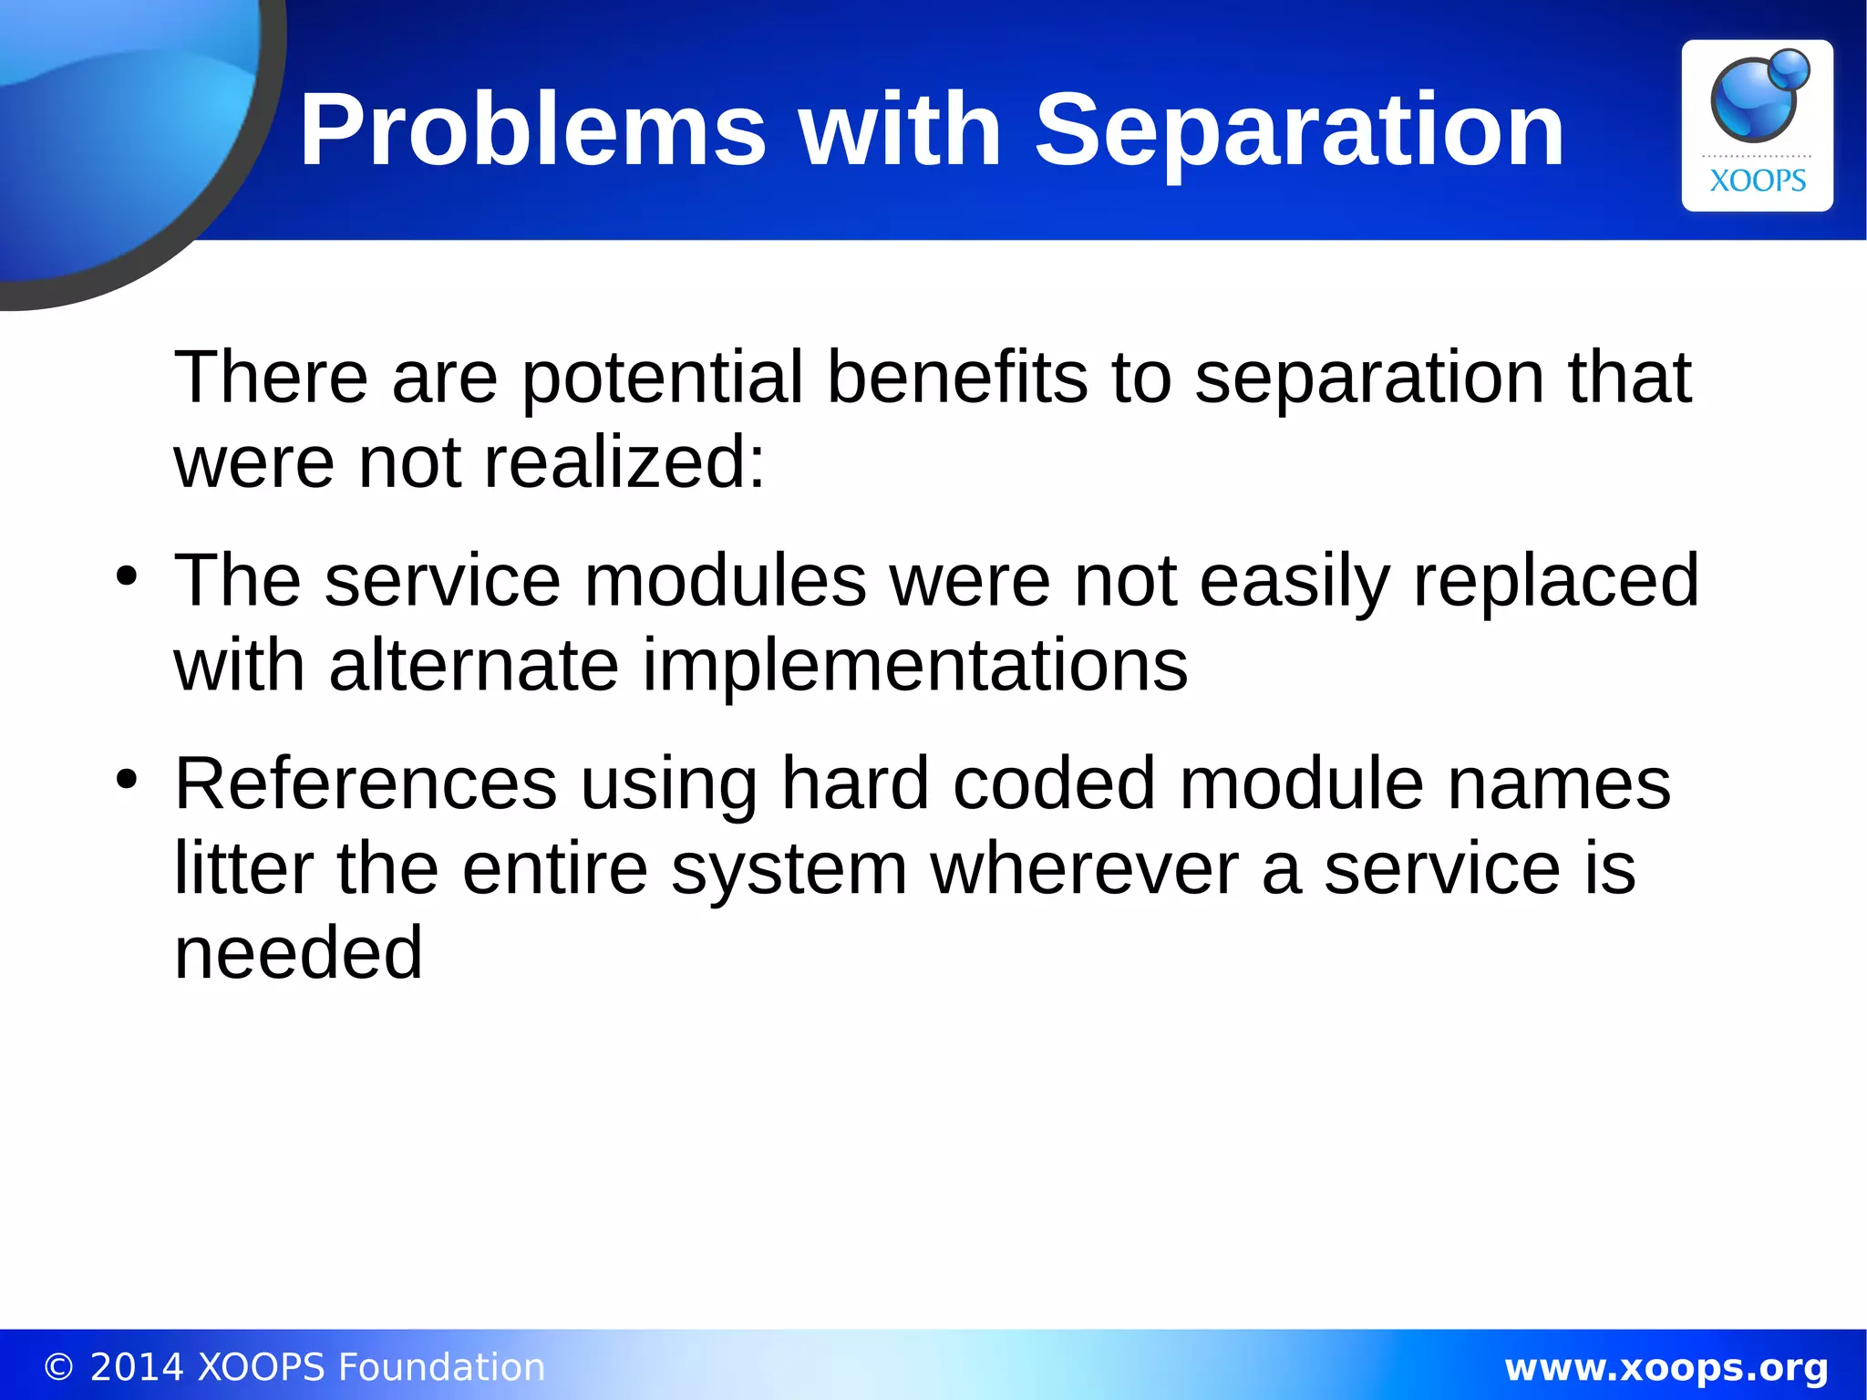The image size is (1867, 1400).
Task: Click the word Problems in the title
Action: [x=532, y=130]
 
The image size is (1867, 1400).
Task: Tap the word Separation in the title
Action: [x=1298, y=130]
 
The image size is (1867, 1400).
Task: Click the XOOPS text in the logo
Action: [x=1757, y=181]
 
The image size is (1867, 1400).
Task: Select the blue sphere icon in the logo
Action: [x=1757, y=99]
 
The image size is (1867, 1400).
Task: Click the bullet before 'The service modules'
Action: [x=127, y=576]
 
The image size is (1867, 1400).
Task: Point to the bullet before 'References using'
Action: [x=127, y=780]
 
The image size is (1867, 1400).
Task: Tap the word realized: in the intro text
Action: [x=624, y=462]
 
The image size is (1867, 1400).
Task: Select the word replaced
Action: [x=1555, y=580]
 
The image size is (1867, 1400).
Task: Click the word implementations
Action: [x=915, y=665]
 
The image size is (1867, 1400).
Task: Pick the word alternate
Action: [x=474, y=665]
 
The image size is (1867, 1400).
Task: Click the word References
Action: [x=366, y=783]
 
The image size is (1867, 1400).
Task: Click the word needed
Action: [x=298, y=953]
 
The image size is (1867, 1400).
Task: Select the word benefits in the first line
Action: [x=957, y=378]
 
